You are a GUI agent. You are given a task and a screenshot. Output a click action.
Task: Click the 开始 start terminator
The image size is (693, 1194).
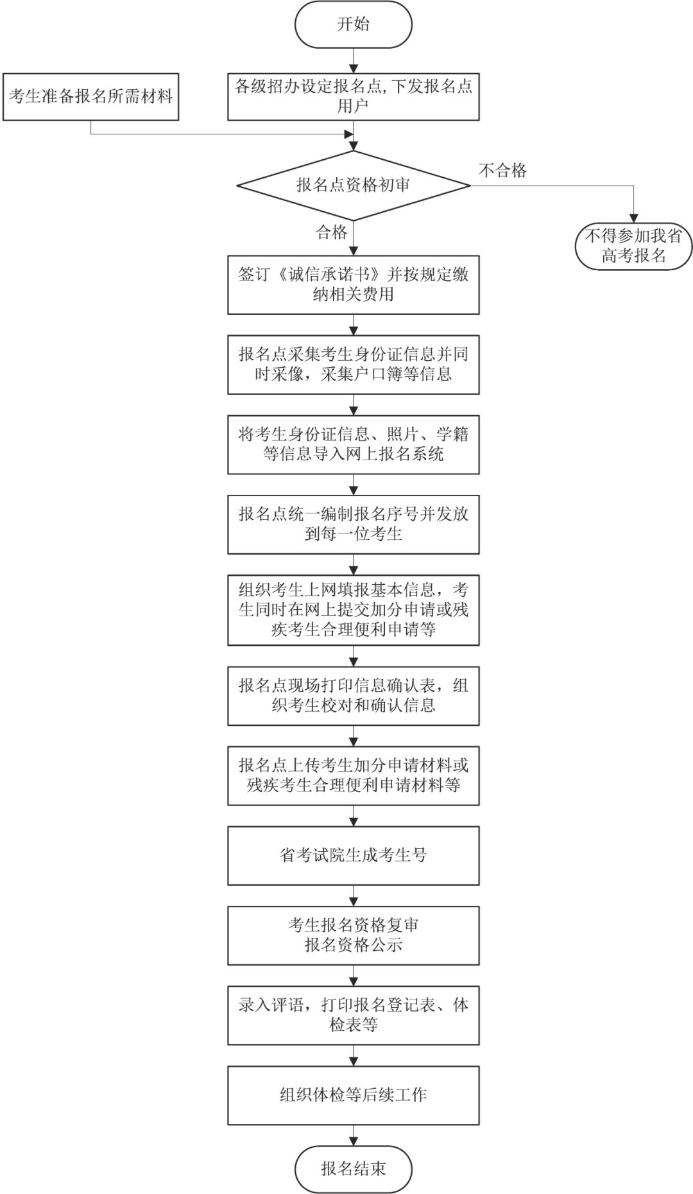pyautogui.click(x=353, y=24)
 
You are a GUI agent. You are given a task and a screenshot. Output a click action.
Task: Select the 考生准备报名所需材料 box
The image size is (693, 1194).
pyautogui.click(x=90, y=97)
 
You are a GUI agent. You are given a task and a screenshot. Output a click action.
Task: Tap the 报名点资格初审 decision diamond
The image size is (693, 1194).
pyautogui.click(x=353, y=186)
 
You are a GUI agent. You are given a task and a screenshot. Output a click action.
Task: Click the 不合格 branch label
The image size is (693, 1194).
pyautogui.click(x=502, y=170)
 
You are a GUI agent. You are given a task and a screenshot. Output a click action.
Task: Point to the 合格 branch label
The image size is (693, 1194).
pyautogui.click(x=331, y=232)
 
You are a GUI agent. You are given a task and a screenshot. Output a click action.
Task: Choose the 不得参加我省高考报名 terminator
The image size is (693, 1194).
pyautogui.click(x=633, y=246)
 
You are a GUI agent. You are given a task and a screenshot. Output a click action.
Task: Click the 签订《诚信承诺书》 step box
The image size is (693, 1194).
pyautogui.click(x=353, y=284)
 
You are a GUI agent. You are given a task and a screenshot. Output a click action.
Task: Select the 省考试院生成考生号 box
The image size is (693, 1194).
pyautogui.click(x=353, y=855)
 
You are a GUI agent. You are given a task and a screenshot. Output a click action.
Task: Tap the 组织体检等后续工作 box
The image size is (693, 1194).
pyautogui.click(x=353, y=1095)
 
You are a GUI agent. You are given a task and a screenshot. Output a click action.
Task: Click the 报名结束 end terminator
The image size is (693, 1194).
pyautogui.click(x=353, y=1168)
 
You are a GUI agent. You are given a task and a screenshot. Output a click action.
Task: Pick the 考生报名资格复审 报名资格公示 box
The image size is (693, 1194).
pyautogui.click(x=353, y=935)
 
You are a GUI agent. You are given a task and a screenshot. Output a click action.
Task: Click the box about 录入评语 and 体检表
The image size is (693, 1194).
pyautogui.click(x=353, y=1015)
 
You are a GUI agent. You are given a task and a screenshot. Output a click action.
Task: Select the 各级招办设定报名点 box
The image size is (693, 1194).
pyautogui.click(x=353, y=96)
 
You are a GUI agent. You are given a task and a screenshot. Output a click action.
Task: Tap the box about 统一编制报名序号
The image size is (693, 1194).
pyautogui.click(x=353, y=524)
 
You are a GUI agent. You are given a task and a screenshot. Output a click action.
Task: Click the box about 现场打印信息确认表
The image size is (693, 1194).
pyautogui.click(x=353, y=695)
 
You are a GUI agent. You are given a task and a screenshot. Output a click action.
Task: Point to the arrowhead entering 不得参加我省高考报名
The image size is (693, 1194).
pyautogui.click(x=633, y=218)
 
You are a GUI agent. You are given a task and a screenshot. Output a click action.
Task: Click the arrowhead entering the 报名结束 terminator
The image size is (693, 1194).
pyautogui.click(x=353, y=1140)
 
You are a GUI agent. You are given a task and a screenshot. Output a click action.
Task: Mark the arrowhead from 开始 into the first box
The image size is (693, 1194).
pyautogui.click(x=353, y=68)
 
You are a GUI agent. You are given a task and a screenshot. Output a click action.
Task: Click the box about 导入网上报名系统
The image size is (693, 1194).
pyautogui.click(x=353, y=444)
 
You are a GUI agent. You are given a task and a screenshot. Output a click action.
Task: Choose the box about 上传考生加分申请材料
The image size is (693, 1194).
pyautogui.click(x=353, y=775)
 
